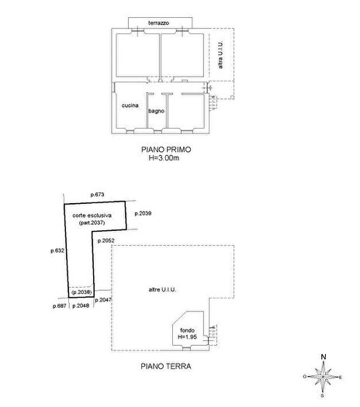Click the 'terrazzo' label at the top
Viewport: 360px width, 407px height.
point(161,23)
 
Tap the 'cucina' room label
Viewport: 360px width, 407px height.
point(130,105)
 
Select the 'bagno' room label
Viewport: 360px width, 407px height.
point(156,111)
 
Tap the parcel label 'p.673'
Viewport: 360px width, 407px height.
point(97,194)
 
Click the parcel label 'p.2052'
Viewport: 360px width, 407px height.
point(106,241)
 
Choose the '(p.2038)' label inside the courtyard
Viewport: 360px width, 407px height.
point(81,292)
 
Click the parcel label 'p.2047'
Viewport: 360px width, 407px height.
point(106,299)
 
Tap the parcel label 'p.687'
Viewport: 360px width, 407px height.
point(60,306)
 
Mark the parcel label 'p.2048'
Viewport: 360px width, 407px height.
point(81,306)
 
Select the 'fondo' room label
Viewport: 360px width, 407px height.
point(187,330)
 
